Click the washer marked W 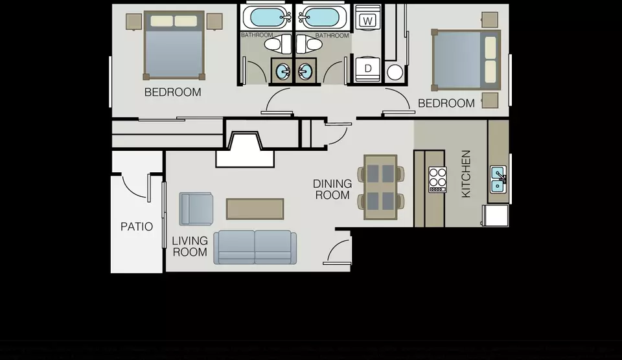(368, 20)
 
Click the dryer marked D (368, 68)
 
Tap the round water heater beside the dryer (395, 72)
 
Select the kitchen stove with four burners (437, 179)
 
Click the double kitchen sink (498, 179)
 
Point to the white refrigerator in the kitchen (496, 216)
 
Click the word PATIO (137, 227)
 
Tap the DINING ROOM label (332, 189)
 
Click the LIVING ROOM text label (190, 246)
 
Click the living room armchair (196, 208)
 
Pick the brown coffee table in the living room (255, 208)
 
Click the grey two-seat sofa (255, 247)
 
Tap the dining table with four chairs (380, 187)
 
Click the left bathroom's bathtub (266, 17)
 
